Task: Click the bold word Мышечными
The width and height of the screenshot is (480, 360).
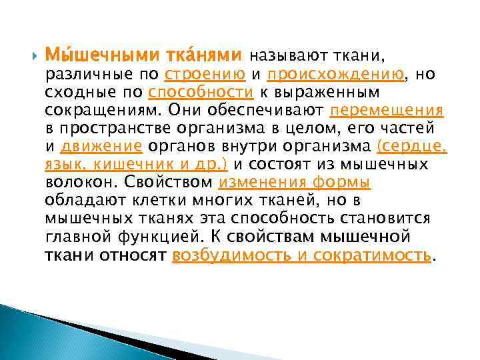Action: click(90, 56)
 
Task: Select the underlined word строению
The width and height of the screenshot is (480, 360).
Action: click(205, 74)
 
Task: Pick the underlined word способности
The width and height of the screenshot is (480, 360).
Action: click(201, 92)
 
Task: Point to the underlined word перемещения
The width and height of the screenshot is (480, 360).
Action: click(387, 110)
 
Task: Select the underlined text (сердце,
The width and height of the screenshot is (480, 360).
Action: click(411, 146)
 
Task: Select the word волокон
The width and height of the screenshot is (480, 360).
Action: click(73, 182)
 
